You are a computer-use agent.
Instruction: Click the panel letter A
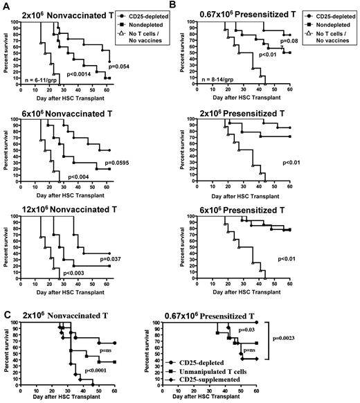[6, 6]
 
